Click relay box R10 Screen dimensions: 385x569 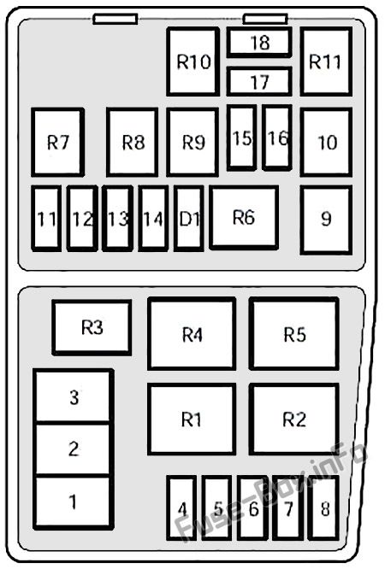click(193, 62)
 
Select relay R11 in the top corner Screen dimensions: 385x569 click(326, 62)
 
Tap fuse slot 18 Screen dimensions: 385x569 click(259, 42)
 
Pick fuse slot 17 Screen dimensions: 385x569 click(259, 81)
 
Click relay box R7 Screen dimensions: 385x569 click(58, 142)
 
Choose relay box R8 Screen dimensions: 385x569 click(133, 142)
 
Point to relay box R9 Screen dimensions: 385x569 click(192, 142)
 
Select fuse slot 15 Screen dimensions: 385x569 click(242, 138)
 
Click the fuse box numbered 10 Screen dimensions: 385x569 click(326, 142)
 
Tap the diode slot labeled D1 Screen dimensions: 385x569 click(189, 219)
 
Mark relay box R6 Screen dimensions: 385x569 click(244, 217)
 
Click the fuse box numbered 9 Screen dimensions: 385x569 click(326, 220)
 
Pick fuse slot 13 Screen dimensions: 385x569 click(117, 219)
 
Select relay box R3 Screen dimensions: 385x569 click(92, 327)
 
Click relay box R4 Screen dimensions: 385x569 click(192, 333)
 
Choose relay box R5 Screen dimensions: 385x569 click(294, 333)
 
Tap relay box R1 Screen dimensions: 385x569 click(192, 419)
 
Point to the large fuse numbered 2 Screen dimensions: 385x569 click(74, 449)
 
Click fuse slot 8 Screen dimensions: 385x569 click(323, 507)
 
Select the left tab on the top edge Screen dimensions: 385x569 click(115, 20)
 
